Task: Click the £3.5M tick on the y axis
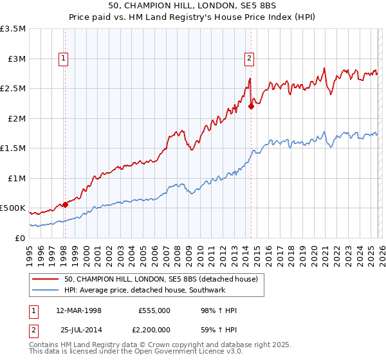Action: (x=13, y=29)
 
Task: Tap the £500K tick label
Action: (x=13, y=208)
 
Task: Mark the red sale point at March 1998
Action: (x=65, y=205)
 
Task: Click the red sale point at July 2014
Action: (x=251, y=107)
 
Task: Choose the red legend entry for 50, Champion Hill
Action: (x=161, y=278)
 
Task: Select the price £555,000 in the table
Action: (x=154, y=310)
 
